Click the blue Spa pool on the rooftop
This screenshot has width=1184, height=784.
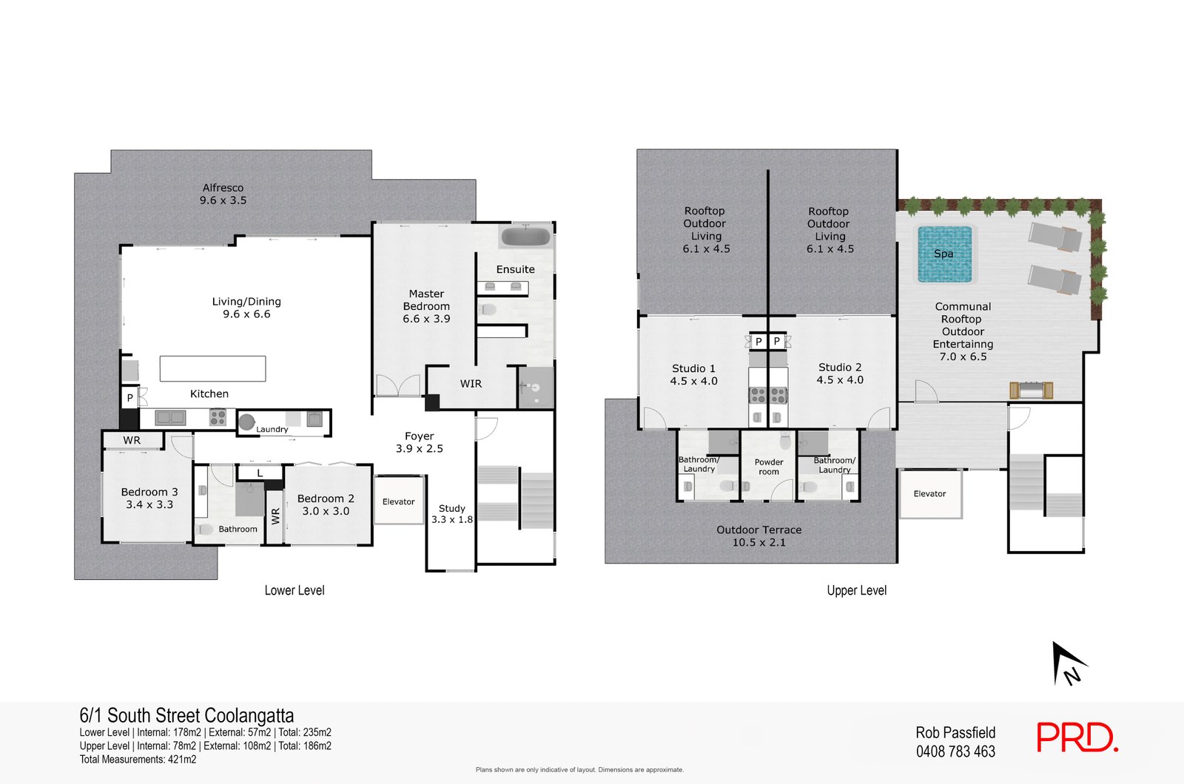[x=944, y=254]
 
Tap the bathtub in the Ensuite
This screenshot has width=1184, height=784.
[x=525, y=237]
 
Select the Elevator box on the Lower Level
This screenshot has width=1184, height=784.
[x=398, y=501]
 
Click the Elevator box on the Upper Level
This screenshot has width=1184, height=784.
[x=929, y=493]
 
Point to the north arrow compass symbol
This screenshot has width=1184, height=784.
[x=1068, y=663]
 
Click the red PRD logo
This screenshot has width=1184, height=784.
[x=1076, y=737]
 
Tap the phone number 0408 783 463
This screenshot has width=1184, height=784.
[x=955, y=751]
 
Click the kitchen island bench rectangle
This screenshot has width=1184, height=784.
[x=212, y=368]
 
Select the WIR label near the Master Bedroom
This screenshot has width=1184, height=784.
[x=471, y=384]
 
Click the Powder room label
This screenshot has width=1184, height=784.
[x=769, y=467]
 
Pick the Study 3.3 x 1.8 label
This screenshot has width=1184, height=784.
[x=451, y=514]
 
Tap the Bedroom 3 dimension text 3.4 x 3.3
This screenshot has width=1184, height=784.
[x=149, y=504]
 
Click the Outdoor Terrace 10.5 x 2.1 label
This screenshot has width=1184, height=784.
[x=758, y=536]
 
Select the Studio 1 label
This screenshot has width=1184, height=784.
[x=693, y=368]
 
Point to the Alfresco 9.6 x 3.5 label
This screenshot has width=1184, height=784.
[x=223, y=194]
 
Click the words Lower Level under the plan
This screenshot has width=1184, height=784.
[x=295, y=590]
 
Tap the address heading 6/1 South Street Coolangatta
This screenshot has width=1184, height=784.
[x=186, y=715]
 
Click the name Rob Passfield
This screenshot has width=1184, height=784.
[x=955, y=732]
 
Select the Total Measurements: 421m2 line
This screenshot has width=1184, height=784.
[x=138, y=760]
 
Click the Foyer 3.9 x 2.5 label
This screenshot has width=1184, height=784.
[x=419, y=442]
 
